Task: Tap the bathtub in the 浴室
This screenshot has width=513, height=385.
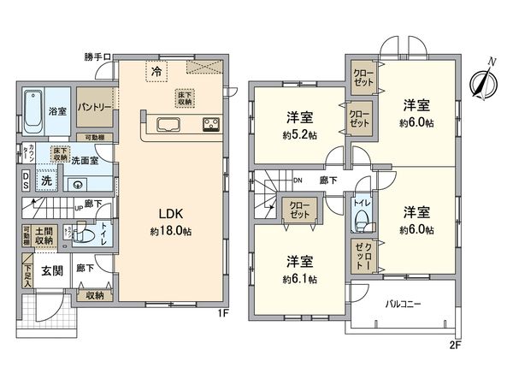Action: tap(33, 111)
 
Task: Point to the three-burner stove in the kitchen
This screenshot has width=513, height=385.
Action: tap(211, 126)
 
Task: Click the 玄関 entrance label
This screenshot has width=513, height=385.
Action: tap(50, 271)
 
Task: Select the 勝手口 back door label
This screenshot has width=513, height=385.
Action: tap(96, 57)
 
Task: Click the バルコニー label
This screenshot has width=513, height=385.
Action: tap(405, 304)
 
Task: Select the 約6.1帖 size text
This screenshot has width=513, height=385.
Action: tap(298, 279)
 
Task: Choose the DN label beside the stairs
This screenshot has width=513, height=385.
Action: tap(297, 181)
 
